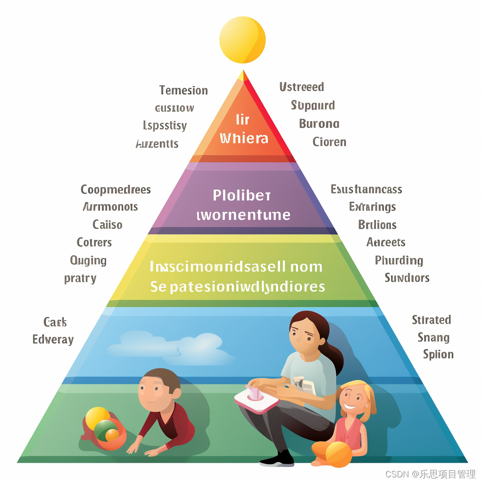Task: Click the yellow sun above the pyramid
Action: (x=242, y=40)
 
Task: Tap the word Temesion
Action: (x=183, y=90)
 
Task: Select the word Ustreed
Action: (x=301, y=87)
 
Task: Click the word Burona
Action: (x=319, y=124)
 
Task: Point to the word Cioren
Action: (x=329, y=142)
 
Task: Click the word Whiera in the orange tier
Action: (x=244, y=138)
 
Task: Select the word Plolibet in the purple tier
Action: (x=241, y=195)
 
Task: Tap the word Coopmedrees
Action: (x=116, y=190)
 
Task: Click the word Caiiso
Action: (x=108, y=225)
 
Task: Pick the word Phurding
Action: (x=399, y=260)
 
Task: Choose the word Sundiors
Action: (x=407, y=277)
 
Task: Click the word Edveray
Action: (x=53, y=340)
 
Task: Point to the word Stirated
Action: (x=431, y=320)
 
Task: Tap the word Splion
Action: (x=438, y=354)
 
